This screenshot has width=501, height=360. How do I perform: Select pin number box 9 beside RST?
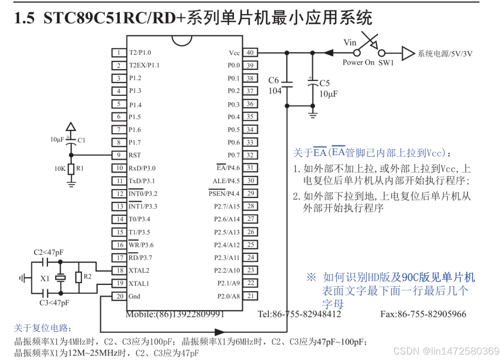119,155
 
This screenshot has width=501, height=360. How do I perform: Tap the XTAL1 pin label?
139,284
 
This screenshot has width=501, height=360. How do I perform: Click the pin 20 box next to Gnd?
119,296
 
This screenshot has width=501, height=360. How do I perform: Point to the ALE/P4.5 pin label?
226,181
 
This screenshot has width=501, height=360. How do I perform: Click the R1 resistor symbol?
71,168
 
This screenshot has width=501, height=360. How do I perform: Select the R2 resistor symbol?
78,277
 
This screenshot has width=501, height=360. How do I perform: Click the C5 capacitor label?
324,84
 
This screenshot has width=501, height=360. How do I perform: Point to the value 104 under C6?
275,90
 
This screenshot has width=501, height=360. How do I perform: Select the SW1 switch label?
386,62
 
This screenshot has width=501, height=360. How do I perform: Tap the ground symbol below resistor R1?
71,183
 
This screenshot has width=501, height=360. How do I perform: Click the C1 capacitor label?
81,140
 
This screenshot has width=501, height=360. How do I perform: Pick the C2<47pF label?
48,252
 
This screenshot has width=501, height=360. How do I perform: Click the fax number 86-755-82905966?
423,314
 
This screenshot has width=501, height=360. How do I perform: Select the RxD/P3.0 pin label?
142,168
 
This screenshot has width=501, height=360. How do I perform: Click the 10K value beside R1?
60,168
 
